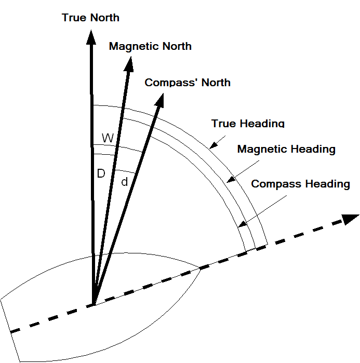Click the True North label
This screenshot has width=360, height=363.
pos(90,18)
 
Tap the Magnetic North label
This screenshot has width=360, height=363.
pos(150,46)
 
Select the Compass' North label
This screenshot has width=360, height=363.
pos(187,83)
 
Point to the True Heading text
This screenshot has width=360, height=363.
pos(248,124)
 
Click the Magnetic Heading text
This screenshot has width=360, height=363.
pos(286,150)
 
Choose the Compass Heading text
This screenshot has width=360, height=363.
pos(300,184)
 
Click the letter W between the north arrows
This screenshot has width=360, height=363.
pos(108,138)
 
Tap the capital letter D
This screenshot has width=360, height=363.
pos(101,173)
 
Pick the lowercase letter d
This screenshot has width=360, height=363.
pos(124,182)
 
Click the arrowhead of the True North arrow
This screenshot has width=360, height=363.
pos(91,38)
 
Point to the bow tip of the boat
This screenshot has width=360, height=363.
pos(201,268)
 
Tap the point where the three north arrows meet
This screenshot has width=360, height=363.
pos(94,304)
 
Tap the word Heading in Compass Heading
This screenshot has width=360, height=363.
pos(326,184)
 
